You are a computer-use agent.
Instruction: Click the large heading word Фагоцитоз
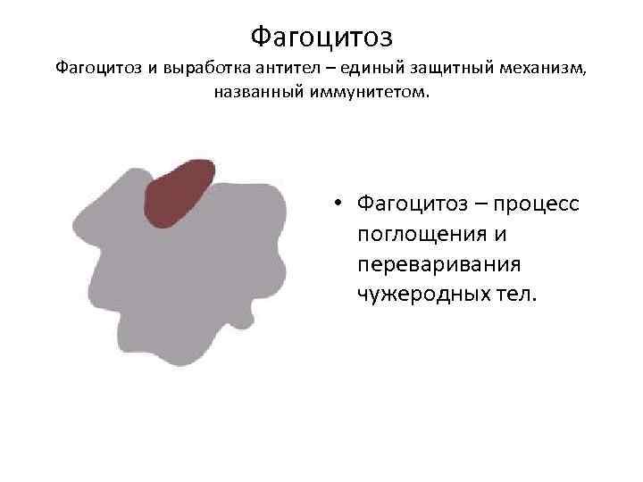[x=321, y=37]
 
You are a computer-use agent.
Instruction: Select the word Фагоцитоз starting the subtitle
[x=95, y=68]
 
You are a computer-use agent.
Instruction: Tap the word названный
[x=258, y=92]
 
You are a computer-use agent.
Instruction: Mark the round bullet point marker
[x=341, y=204]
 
